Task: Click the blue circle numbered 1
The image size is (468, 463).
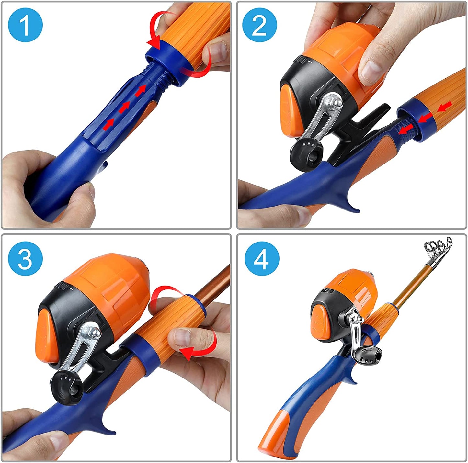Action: (x=25, y=25)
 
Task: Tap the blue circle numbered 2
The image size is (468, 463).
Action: (x=259, y=25)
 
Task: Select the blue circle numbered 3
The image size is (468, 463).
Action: (x=25, y=259)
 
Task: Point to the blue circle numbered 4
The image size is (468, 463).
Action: (x=261, y=259)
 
